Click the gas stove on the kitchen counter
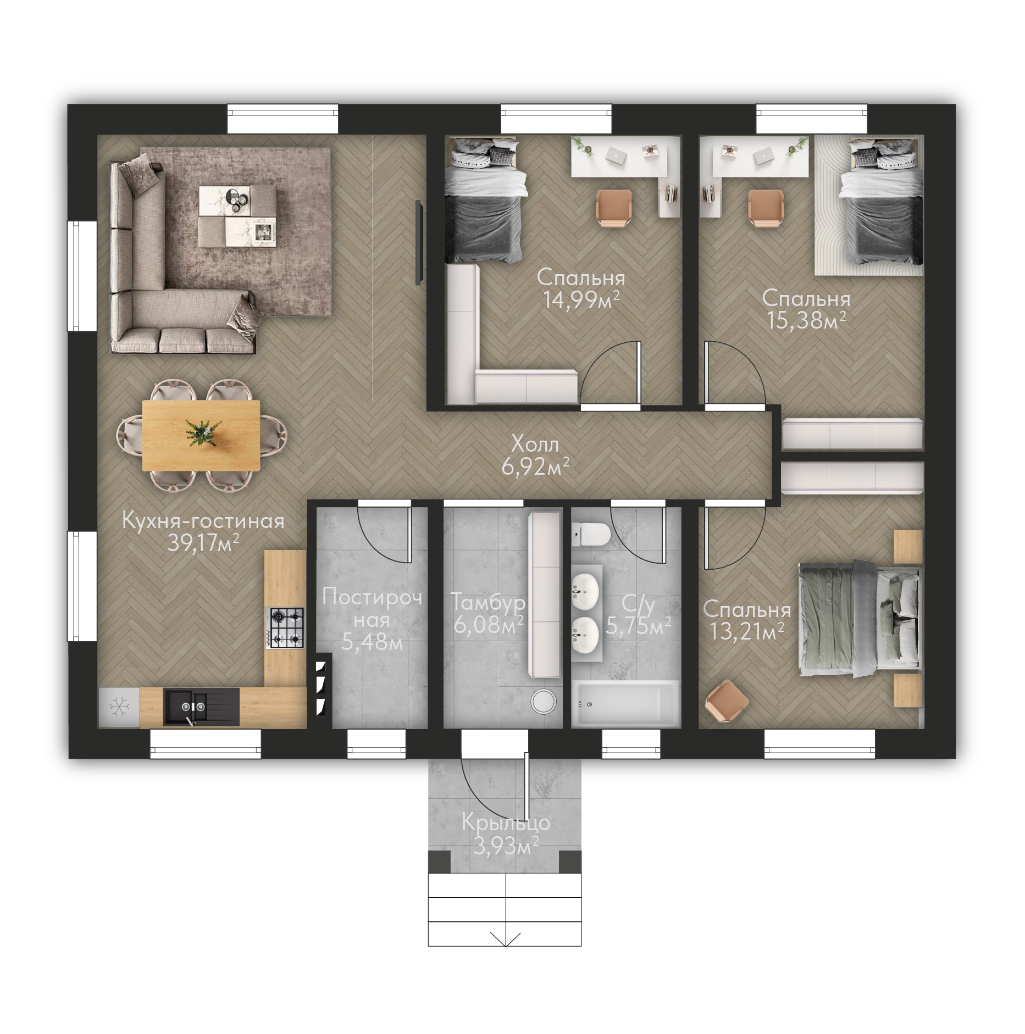click(x=285, y=627)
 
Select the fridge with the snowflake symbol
click(x=119, y=708)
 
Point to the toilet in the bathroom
click(x=591, y=535)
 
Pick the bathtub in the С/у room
click(x=625, y=704)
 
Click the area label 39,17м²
click(x=203, y=543)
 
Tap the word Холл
click(x=535, y=444)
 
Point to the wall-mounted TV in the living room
click(x=418, y=243)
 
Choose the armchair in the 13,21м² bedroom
click(x=727, y=702)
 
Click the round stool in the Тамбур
click(x=544, y=701)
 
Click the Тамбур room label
click(x=489, y=603)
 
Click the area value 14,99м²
click(x=581, y=301)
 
